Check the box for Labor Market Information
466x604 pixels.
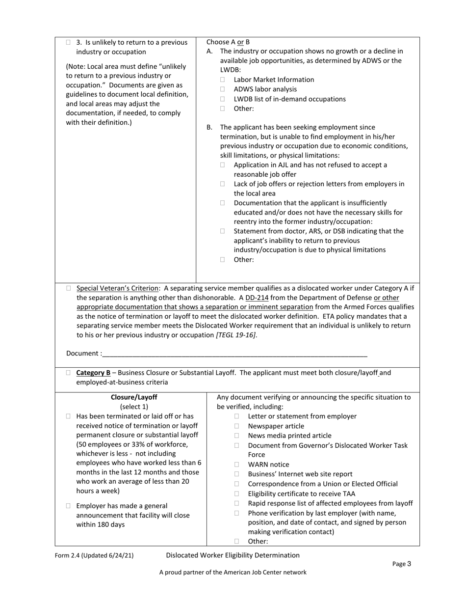click(x=222, y=80)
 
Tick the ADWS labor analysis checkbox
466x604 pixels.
click(x=222, y=89)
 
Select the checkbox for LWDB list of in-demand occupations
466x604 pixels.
click(x=222, y=99)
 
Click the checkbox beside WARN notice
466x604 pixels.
click(x=236, y=465)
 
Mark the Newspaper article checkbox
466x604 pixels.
click(x=236, y=426)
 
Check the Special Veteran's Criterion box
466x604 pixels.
click(x=69, y=288)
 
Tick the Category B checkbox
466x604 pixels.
click(x=69, y=373)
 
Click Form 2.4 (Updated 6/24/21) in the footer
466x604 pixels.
click(x=94, y=555)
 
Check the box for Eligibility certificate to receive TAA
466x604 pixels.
click(x=236, y=494)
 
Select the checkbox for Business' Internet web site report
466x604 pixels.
click(x=236, y=474)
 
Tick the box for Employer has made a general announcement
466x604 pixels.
click(x=69, y=506)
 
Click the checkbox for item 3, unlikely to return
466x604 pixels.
click(x=69, y=43)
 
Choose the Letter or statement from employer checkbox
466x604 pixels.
click(x=236, y=416)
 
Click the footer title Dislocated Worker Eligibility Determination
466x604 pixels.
click(x=233, y=555)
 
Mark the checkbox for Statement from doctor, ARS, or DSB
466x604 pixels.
click(x=222, y=231)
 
